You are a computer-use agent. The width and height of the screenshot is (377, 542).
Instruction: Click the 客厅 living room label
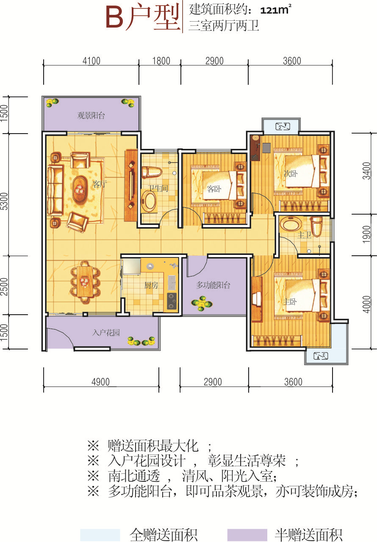(99, 184)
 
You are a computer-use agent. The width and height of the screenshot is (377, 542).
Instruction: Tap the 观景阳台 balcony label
(91, 115)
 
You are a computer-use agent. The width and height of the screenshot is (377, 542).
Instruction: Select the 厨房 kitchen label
(151, 285)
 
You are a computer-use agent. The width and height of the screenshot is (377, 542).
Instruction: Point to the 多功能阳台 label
(213, 285)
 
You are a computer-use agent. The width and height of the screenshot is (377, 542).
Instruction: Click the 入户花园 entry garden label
(106, 332)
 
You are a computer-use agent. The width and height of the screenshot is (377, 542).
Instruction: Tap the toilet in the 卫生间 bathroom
(152, 172)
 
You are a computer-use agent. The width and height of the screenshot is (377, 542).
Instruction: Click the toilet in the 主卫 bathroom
(317, 226)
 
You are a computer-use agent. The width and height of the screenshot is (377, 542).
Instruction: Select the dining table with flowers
(85, 282)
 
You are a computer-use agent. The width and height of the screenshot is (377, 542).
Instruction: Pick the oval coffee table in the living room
(80, 189)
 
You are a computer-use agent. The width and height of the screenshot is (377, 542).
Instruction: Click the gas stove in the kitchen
(172, 301)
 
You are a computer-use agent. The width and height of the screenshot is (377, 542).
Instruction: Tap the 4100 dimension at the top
(91, 61)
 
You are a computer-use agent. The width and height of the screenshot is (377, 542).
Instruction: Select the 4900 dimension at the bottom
(100, 382)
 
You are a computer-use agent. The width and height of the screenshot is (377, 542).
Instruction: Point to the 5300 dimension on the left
(5, 201)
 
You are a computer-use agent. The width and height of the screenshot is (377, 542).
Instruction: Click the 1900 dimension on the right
(366, 234)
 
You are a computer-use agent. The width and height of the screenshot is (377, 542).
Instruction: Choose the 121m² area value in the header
(276, 10)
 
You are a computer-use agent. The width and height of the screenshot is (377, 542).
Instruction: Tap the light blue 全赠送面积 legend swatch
(100, 534)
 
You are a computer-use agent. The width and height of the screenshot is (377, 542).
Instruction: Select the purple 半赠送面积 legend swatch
(247, 534)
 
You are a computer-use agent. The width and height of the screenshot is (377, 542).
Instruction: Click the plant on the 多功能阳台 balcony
(202, 303)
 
